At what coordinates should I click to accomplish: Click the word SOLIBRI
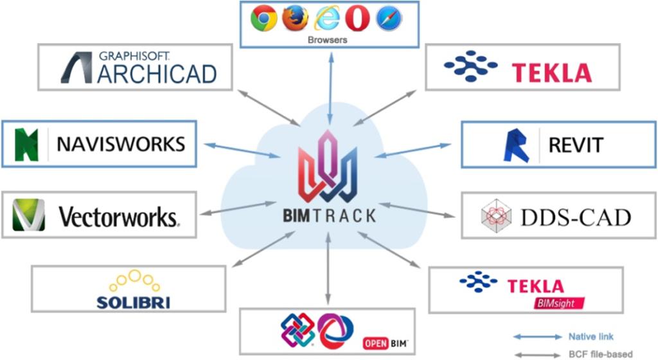pos(133,302)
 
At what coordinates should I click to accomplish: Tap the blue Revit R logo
pos(515,145)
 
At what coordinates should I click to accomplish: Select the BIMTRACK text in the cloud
pos(329,215)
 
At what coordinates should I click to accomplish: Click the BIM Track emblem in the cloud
pos(329,168)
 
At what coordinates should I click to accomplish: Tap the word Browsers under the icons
pos(328,39)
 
